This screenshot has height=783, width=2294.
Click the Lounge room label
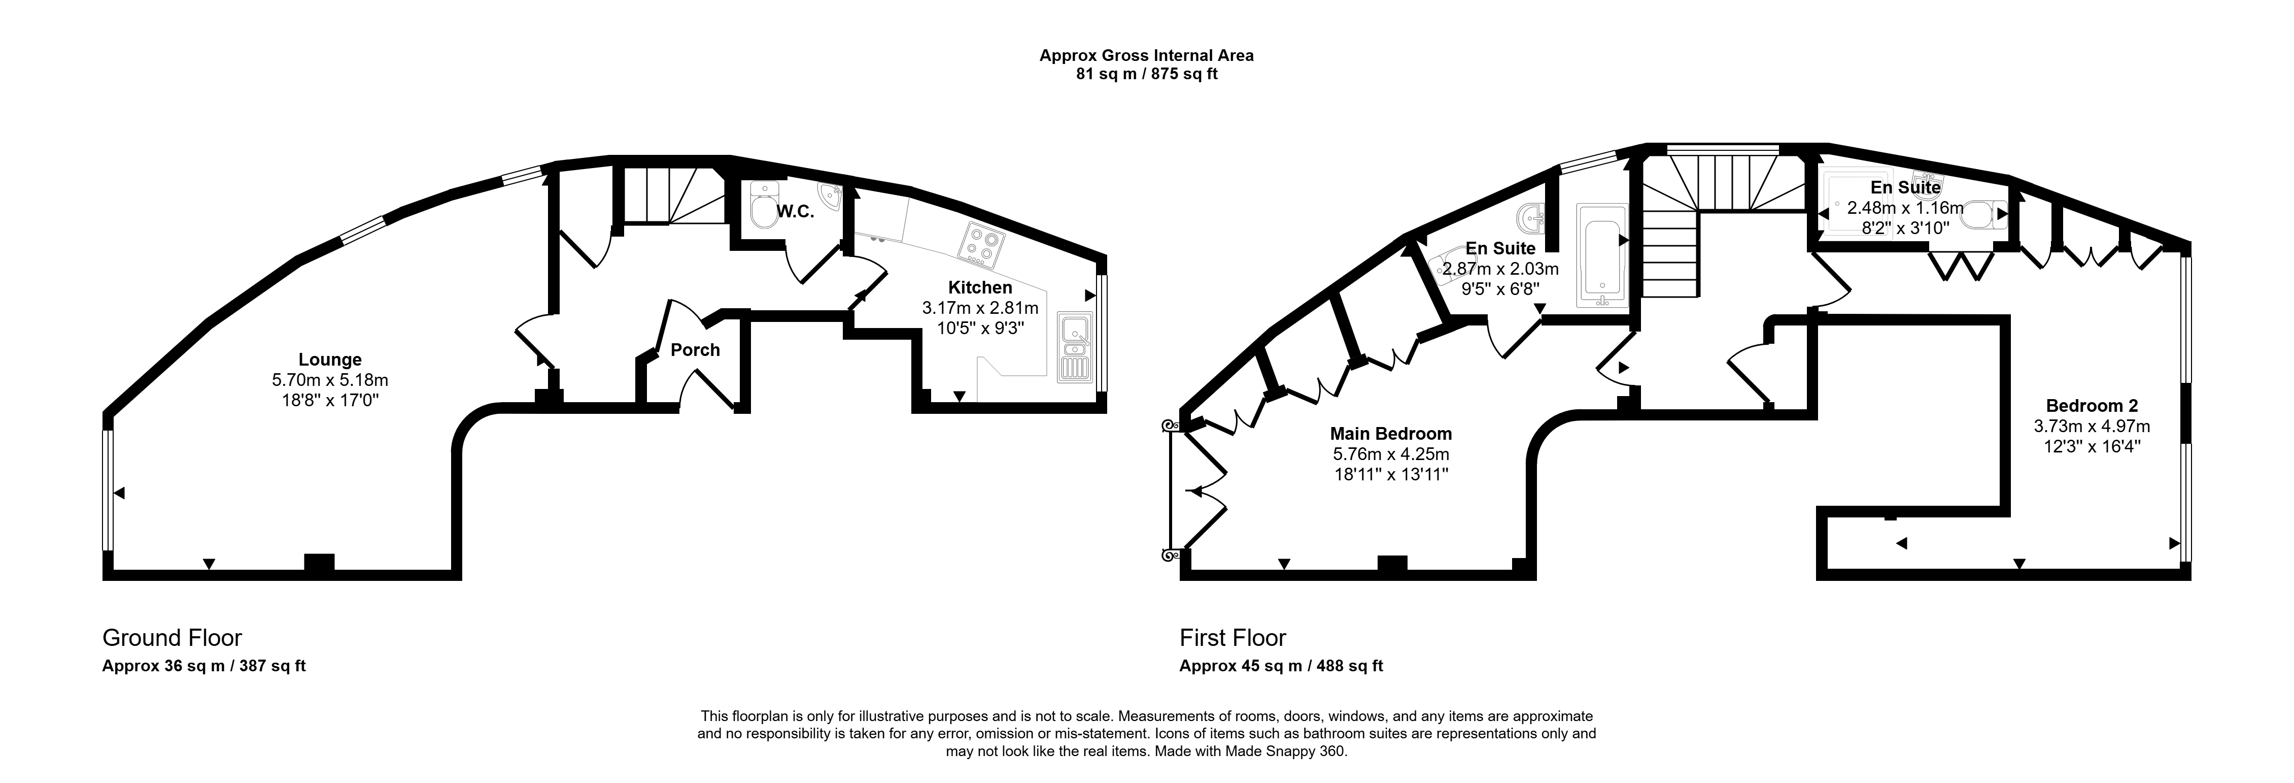tap(329, 360)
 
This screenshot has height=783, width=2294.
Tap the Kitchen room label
tap(980, 288)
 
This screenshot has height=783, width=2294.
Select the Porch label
tap(695, 350)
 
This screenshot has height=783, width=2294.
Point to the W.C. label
tap(795, 213)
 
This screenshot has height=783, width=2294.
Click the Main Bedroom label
tap(1390, 434)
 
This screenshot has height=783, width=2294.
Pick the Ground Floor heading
tap(172, 638)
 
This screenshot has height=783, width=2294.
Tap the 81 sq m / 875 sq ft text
tap(1147, 74)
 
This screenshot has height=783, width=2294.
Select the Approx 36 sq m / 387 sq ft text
tap(204, 665)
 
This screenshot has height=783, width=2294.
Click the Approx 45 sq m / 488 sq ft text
tap(1282, 665)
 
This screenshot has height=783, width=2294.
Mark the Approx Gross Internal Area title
tap(1147, 55)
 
